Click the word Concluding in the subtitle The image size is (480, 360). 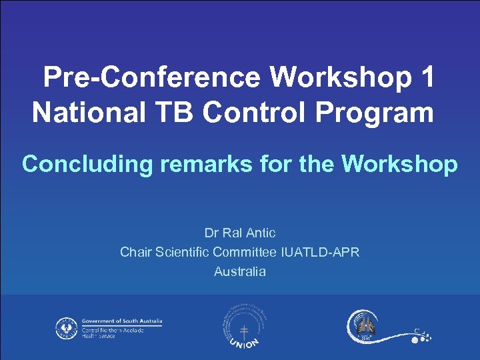pyautogui.click(x=87, y=164)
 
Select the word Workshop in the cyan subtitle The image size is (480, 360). pyautogui.click(x=399, y=164)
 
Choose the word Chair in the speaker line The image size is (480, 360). pyautogui.click(x=135, y=252)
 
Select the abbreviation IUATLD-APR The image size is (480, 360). pyautogui.click(x=321, y=252)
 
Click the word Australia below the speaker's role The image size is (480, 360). pyautogui.click(x=240, y=271)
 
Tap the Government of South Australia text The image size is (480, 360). pyautogui.click(x=122, y=321)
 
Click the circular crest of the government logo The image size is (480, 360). pyautogui.click(x=66, y=327)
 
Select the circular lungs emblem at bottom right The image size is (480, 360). pyautogui.click(x=364, y=327)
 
